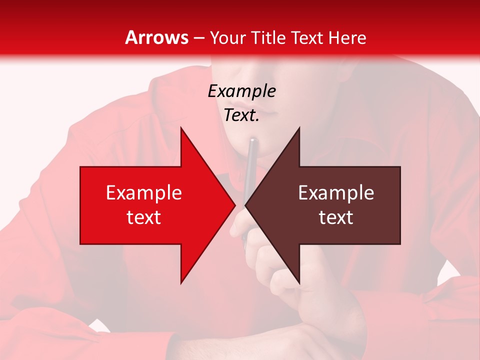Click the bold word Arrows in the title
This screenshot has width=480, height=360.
157,37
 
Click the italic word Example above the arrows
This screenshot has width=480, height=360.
241,91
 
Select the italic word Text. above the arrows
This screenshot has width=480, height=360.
241,115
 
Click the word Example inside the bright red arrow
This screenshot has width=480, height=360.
144,193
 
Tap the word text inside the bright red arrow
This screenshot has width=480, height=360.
144,217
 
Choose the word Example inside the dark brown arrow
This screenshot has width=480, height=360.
336,193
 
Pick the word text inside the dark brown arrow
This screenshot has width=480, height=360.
336,217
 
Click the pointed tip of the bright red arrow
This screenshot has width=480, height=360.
235,205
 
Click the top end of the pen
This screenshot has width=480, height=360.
252,140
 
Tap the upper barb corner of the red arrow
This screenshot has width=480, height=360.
181,128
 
